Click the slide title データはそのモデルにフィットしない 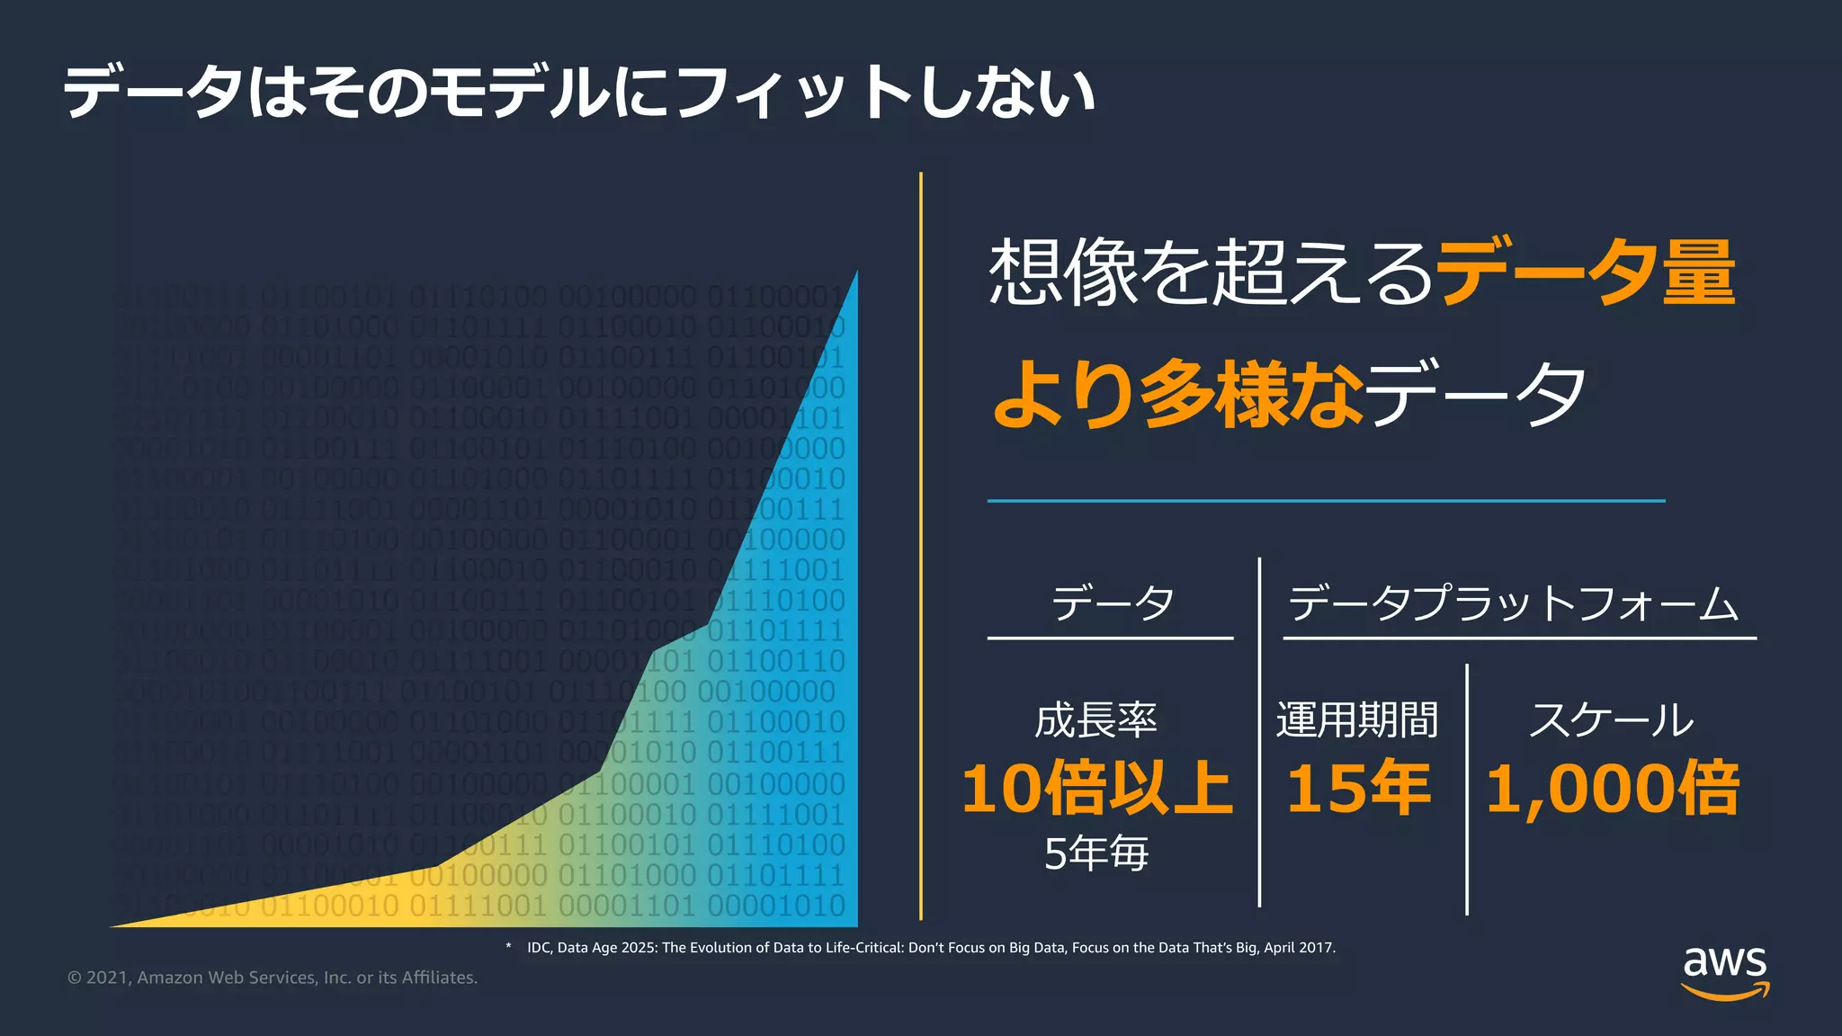point(578,93)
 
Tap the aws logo point(1724,972)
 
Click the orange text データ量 point(1586,272)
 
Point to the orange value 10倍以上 point(1096,789)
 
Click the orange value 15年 point(1358,789)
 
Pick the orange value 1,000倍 point(1612,789)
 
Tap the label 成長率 point(1095,720)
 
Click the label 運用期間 point(1357,720)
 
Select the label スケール point(1611,720)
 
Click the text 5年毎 point(1096,853)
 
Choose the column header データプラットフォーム point(1514,603)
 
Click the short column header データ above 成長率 point(1113,603)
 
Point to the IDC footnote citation point(931,948)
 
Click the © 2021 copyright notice point(273,978)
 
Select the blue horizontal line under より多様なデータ point(1326,500)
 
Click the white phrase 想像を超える point(1211,272)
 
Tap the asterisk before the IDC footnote point(508,946)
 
